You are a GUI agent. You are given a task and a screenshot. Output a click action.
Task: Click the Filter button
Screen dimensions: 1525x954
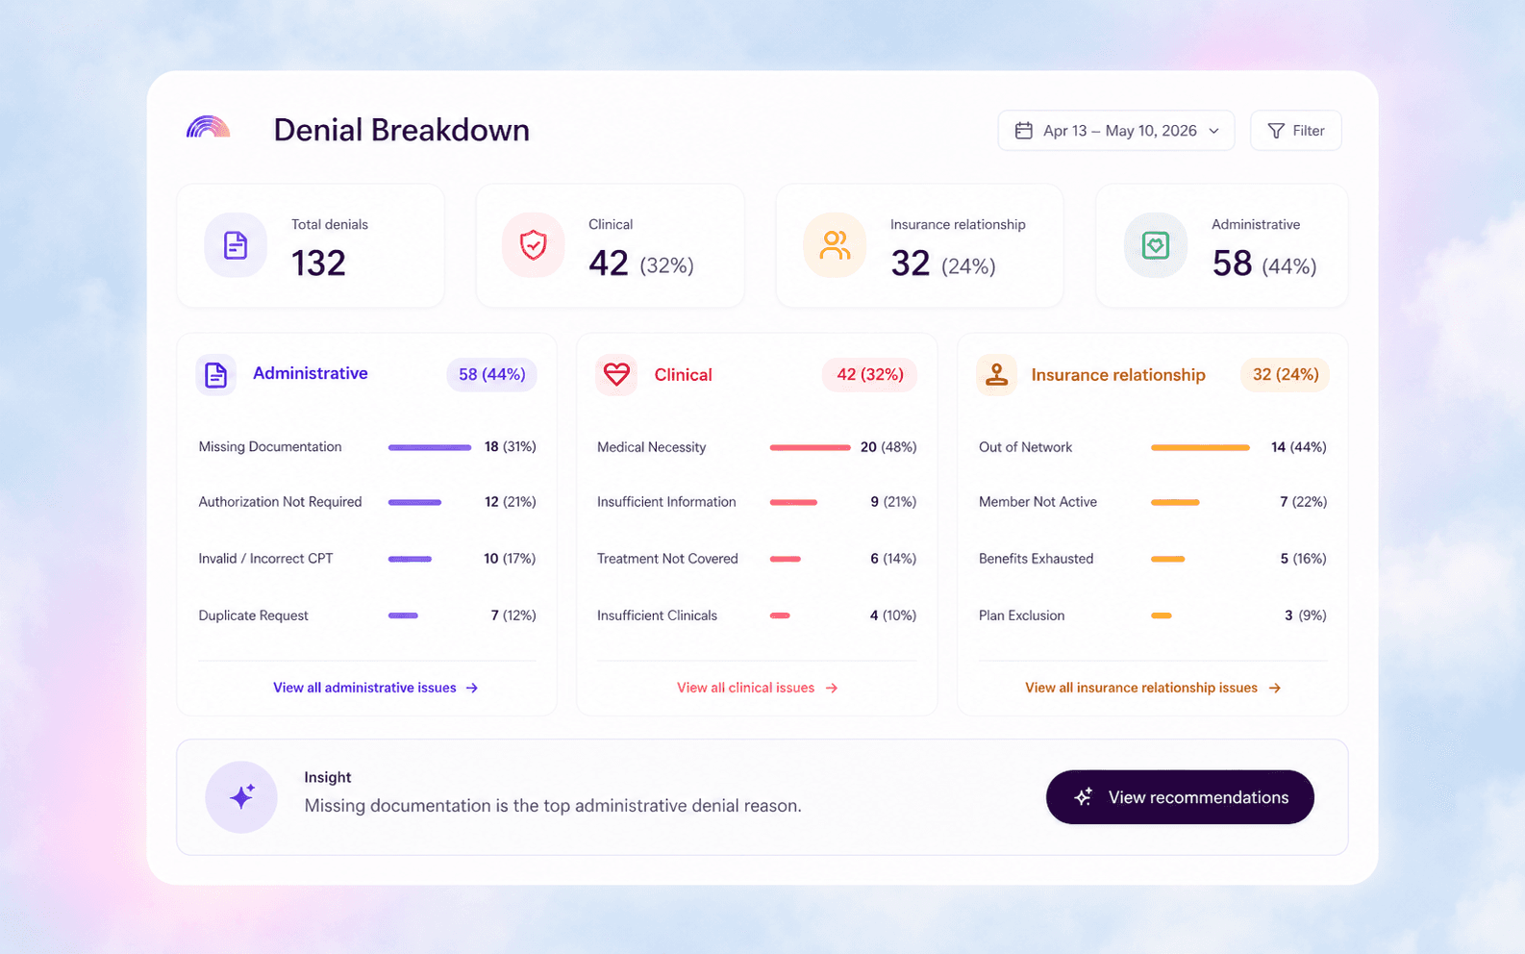(x=1295, y=131)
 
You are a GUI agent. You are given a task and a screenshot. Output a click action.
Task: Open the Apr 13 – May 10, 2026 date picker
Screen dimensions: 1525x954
(x=1115, y=131)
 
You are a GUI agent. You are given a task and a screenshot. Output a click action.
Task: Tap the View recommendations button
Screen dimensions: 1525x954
(x=1180, y=796)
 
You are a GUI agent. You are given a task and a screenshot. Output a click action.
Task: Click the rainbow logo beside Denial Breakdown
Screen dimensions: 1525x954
(x=209, y=127)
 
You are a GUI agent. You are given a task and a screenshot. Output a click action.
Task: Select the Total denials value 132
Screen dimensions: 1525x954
(x=318, y=263)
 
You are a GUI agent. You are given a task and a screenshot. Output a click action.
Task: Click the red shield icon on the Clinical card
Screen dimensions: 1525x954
(x=533, y=245)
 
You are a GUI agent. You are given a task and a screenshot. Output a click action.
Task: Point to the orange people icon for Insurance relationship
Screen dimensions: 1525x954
(x=835, y=245)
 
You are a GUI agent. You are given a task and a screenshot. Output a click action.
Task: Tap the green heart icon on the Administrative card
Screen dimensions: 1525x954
(x=1156, y=245)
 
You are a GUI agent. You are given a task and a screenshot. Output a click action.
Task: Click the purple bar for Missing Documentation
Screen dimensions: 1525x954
(x=430, y=447)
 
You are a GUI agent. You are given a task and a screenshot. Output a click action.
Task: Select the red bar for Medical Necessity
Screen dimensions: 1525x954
(x=811, y=447)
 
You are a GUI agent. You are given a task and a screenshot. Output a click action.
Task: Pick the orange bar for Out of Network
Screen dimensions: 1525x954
(x=1200, y=447)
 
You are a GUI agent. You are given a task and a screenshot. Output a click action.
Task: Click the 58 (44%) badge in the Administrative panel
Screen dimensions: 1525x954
(x=491, y=374)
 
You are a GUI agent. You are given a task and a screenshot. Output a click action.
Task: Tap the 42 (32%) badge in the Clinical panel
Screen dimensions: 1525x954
(x=869, y=374)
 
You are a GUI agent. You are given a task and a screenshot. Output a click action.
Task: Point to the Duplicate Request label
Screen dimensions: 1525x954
(x=253, y=615)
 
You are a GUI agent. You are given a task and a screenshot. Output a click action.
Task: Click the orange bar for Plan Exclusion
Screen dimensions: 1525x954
(x=1162, y=615)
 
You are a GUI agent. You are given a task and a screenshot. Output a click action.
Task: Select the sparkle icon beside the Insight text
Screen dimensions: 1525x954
(x=241, y=796)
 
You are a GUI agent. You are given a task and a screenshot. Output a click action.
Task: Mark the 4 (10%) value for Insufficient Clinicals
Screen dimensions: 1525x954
(x=892, y=615)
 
